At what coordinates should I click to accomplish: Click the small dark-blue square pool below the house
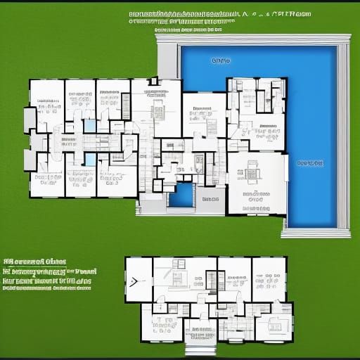pos(182,195)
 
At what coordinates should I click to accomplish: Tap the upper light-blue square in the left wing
pos(90,125)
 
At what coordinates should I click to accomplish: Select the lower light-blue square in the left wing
pos(90,160)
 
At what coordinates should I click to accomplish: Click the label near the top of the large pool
pos(221,61)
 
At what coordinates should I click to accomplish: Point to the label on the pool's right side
pos(310,163)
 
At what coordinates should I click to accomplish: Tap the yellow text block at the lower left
pos(47,273)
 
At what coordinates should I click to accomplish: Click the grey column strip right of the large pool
pos(343,137)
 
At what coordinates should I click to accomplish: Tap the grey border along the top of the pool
pos(253,40)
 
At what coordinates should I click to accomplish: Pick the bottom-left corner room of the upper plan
pos(46,181)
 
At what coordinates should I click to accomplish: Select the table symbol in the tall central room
pos(157,110)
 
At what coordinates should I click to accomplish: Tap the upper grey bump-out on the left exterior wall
pos(30,120)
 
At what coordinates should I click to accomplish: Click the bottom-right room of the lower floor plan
pos(274,325)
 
